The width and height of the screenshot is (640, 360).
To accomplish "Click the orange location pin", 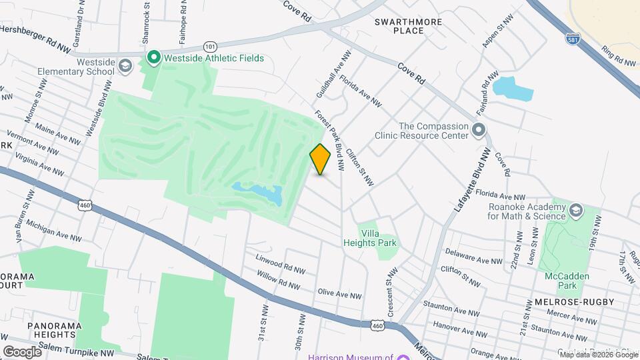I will coord(321,159).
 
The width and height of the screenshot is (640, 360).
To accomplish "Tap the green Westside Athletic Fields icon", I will coord(153,58).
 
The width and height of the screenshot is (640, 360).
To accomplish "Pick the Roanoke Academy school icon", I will coord(575,211).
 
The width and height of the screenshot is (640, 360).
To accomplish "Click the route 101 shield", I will coord(210,46).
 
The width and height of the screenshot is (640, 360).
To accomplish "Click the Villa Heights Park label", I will coord(378,238).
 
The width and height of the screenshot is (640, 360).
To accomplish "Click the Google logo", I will coord(22,351).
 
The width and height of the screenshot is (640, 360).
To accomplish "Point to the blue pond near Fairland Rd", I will coord(513,88).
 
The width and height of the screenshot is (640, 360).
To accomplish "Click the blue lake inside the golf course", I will coord(259,194).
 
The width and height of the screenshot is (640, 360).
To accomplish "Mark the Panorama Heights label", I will coord(51,329).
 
